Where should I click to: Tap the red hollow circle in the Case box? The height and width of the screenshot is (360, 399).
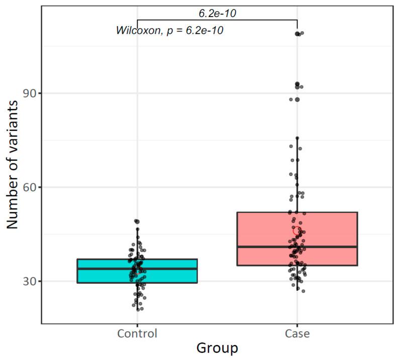pos(297,230)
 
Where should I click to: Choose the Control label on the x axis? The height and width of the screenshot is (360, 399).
pos(137,334)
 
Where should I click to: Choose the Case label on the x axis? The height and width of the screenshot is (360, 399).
pos(297,334)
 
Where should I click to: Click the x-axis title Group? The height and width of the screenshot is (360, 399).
pos(217,348)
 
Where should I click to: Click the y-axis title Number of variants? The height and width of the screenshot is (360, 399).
pos(13,164)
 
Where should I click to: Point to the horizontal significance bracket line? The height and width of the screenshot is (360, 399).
pos(217,20)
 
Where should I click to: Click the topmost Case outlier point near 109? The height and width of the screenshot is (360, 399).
pos(298,34)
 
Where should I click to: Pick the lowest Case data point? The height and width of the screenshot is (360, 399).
pos(303,291)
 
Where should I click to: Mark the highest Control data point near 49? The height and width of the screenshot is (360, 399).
pos(136,221)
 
